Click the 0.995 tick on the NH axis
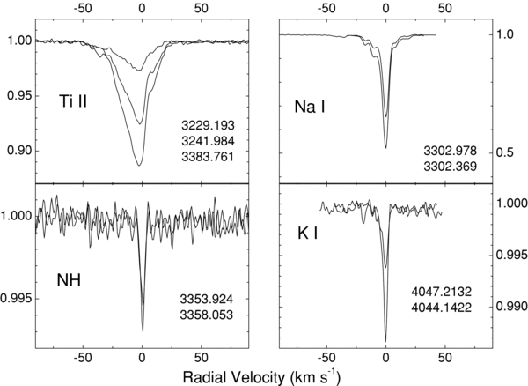point(17,299)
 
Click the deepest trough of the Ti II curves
point(138,165)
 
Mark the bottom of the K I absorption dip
point(385,340)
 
